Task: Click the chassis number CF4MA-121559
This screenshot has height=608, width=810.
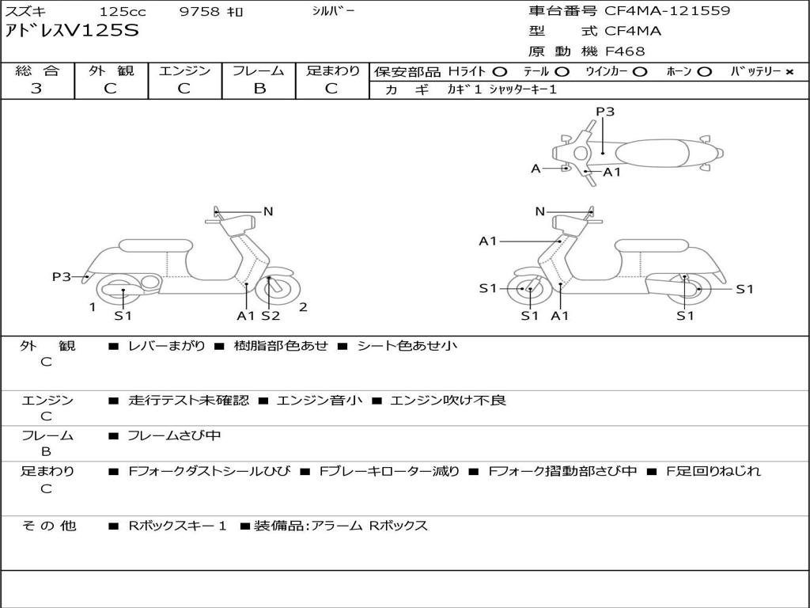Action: [x=668, y=11]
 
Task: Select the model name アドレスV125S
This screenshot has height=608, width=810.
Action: [x=72, y=31]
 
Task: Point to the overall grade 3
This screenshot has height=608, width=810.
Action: [x=36, y=88]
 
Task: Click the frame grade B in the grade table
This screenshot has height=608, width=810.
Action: [x=259, y=89]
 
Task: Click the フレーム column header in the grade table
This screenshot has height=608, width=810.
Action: [x=259, y=70]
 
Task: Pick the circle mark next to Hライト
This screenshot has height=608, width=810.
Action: [x=500, y=72]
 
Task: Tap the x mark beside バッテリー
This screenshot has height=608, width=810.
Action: [x=789, y=72]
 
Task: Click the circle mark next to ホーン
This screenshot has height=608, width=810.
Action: [x=704, y=72]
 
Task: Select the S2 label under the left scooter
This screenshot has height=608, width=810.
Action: [x=271, y=315]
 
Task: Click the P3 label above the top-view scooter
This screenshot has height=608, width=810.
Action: [x=605, y=112]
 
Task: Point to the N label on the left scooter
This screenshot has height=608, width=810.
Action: [x=267, y=211]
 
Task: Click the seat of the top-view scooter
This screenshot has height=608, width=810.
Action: [x=652, y=154]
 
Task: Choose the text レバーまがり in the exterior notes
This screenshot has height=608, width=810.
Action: [x=166, y=345]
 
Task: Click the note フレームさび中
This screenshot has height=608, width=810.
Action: [x=174, y=436]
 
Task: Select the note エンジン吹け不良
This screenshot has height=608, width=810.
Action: [x=448, y=400]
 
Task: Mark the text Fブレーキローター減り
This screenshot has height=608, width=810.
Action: [x=389, y=471]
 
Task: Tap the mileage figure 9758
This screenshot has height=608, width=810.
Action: [x=199, y=11]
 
